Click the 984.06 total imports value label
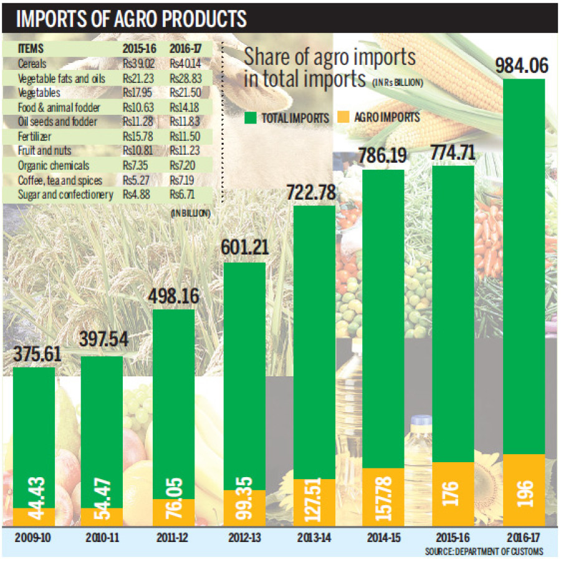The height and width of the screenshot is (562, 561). (x=522, y=65)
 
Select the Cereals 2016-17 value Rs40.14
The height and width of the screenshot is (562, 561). (x=187, y=64)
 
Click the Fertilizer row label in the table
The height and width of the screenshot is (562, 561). (x=36, y=136)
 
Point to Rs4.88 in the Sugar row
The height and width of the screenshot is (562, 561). (x=132, y=195)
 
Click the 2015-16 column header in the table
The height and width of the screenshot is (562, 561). (x=135, y=49)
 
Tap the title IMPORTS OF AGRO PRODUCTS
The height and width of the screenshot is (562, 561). (x=132, y=19)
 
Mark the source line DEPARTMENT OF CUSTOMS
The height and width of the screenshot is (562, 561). (x=484, y=551)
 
